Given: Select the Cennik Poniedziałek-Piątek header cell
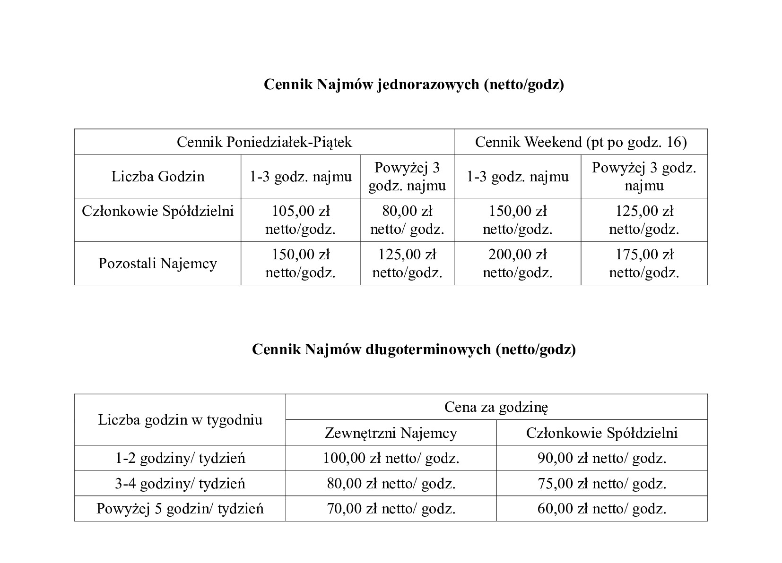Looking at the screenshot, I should coord(264,142).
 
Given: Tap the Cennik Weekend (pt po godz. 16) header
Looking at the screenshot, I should coord(581,142).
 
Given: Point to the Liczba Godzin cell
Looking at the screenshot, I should coord(158,177).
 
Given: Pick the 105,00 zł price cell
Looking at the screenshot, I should coord(300,220).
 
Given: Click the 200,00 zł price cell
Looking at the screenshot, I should coord(517,264).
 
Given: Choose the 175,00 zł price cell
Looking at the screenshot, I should coord(644,264).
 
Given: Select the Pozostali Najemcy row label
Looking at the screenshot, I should coord(157,264).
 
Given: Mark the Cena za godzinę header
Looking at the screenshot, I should coord(496,407).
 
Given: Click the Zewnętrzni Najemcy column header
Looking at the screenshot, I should coord(391,433).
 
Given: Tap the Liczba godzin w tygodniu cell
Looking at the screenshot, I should coord(180,420).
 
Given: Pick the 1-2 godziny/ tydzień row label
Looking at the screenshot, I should coord(180,458).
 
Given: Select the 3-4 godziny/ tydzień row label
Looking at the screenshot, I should coord(180,484).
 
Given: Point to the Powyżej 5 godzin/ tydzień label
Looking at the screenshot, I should coord(180,509).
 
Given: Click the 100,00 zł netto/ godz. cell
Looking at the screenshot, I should coord(391,458).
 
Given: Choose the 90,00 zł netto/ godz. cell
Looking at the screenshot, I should coord(602,458).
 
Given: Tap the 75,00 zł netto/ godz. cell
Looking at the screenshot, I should coord(602,484).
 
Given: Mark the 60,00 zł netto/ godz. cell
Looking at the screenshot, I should coord(602,509).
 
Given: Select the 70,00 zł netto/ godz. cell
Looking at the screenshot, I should coord(391,509).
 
